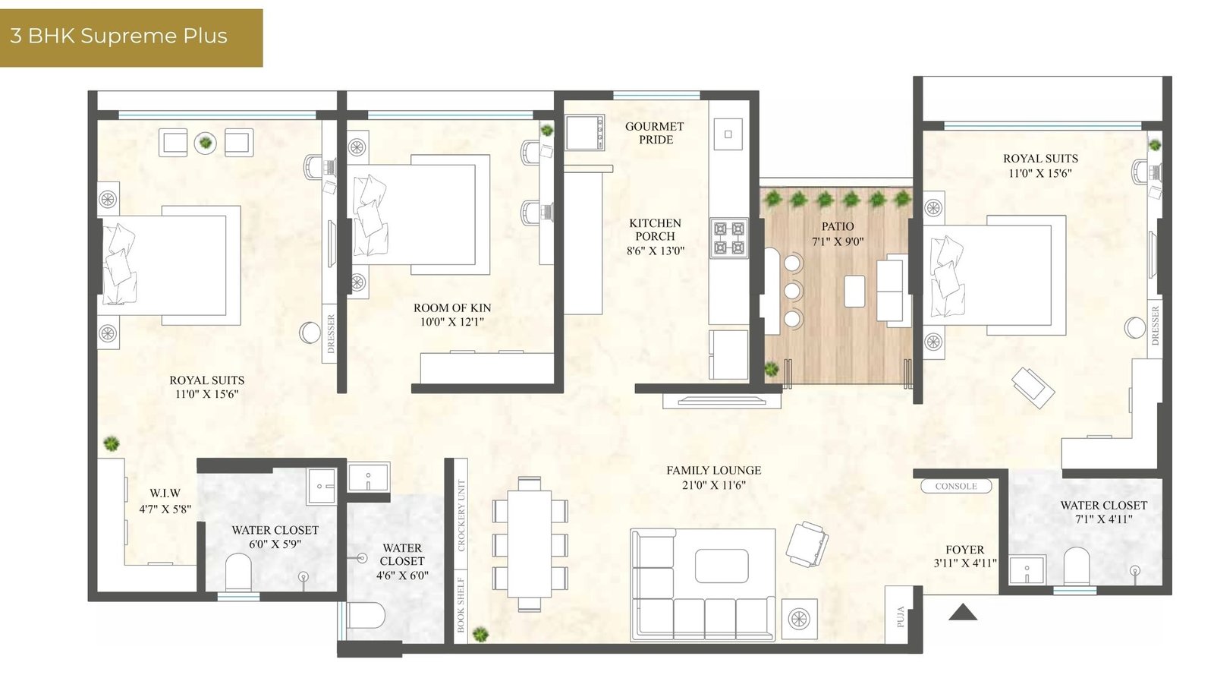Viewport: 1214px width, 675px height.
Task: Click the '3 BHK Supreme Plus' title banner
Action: coord(131,37)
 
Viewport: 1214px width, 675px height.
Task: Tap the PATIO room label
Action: coord(838,226)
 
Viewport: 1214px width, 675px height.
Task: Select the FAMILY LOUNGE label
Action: coord(714,471)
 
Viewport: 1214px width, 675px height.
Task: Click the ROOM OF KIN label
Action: coord(452,308)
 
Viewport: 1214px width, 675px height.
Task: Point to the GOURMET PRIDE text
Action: coord(655,133)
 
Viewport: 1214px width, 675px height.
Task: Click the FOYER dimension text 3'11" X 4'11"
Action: coord(964,563)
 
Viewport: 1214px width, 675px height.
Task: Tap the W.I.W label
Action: coord(165,494)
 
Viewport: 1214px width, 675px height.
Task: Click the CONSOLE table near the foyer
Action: coord(956,486)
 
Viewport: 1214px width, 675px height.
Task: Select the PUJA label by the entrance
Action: coord(900,617)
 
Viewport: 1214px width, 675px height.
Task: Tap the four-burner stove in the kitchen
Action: coord(729,238)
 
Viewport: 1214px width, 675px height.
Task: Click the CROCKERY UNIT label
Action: coord(461,515)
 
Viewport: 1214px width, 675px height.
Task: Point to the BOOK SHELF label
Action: coord(461,604)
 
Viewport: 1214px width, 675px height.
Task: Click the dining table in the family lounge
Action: coord(529,543)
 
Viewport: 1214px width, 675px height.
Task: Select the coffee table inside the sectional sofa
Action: coord(722,566)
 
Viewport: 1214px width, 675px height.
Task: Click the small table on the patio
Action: coord(854,291)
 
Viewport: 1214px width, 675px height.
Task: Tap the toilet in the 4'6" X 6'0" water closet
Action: coord(366,615)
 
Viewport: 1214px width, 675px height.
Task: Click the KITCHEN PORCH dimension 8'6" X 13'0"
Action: coord(656,251)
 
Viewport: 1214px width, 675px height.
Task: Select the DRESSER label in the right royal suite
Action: coord(1154,325)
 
